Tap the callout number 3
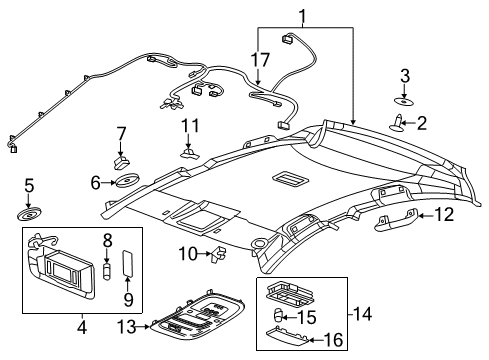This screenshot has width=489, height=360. (405, 76)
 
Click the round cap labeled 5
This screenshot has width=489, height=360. (28, 213)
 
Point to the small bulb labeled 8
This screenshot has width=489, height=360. (107, 271)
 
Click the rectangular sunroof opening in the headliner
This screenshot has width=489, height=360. (293, 179)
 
